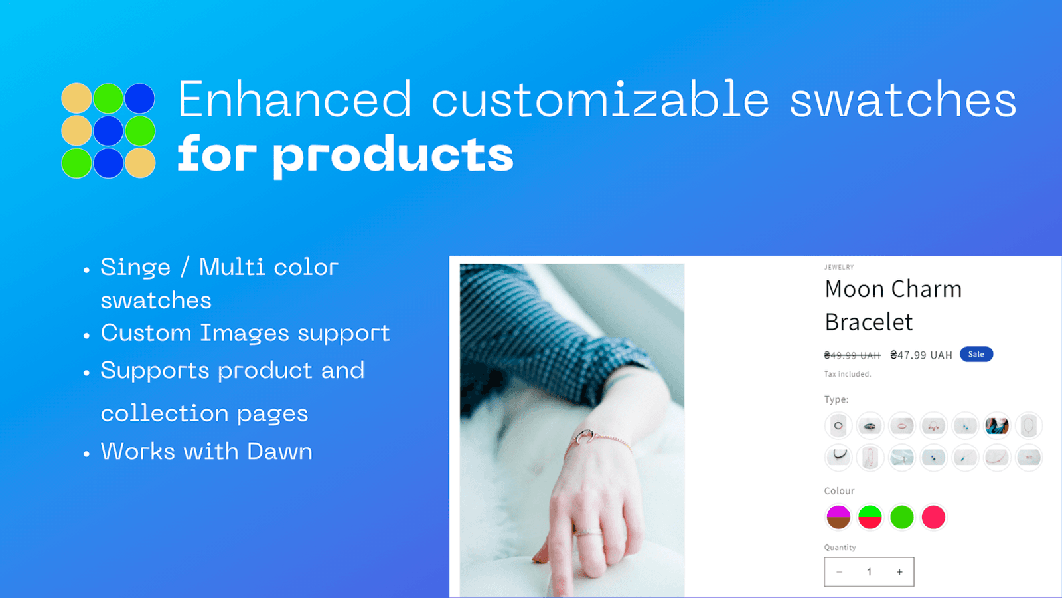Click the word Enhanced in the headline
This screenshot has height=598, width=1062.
coord(294,100)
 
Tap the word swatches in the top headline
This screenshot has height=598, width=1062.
coord(903,100)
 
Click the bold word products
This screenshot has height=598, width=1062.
coord(393,155)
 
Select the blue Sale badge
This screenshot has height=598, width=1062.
coord(976,355)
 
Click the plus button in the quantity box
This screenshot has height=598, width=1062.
coord(899,572)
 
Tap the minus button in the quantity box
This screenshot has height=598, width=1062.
coord(839,572)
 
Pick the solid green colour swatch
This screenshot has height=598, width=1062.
coord(901,517)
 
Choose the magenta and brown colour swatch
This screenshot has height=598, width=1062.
coord(838,517)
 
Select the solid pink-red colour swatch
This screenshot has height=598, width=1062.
coord(933,517)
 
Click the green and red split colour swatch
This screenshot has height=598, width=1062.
coord(870,517)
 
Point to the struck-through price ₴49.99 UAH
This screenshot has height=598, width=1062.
coord(852,355)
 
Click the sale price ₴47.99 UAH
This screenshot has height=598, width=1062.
coord(921,355)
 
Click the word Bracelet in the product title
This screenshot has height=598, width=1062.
coord(869,322)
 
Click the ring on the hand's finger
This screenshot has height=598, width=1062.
coord(587,532)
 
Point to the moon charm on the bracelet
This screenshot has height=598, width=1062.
coord(585,436)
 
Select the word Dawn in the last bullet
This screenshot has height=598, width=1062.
coord(279,452)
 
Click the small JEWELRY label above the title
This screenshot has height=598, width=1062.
coord(839,267)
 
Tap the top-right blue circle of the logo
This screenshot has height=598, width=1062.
coord(140,98)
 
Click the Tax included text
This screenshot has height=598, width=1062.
coord(847,374)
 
